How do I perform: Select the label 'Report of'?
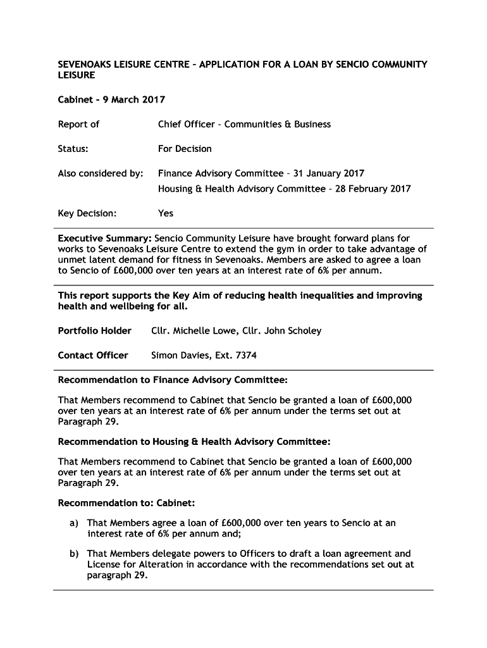pyautogui.click(x=78, y=124)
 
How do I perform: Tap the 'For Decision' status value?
pyautogui.click(x=185, y=149)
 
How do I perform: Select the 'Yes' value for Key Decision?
pyautogui.click(x=166, y=213)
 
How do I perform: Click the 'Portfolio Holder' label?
pyautogui.click(x=95, y=330)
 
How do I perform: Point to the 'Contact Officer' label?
pyautogui.click(x=93, y=355)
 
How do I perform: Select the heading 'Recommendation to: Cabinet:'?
pyautogui.click(x=126, y=503)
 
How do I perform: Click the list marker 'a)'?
pyautogui.click(x=75, y=523)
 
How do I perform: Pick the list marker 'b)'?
pyautogui.click(x=75, y=554)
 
